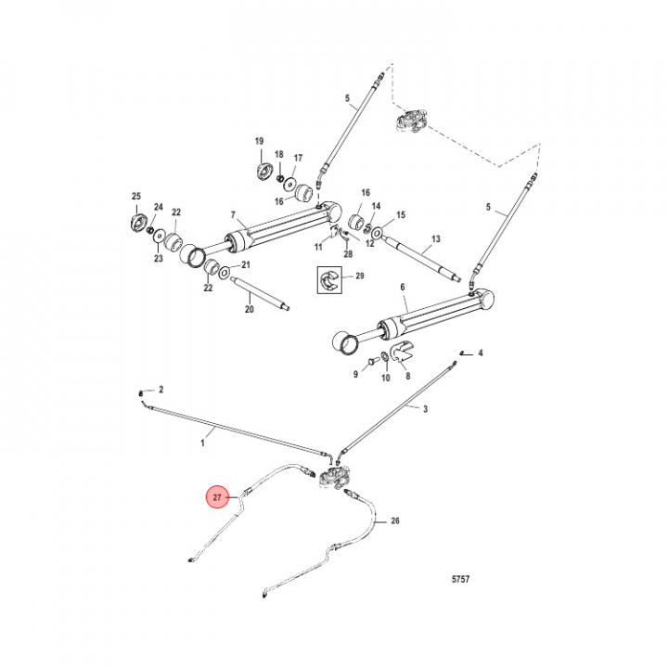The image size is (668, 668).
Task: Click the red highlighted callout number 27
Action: click(x=217, y=498)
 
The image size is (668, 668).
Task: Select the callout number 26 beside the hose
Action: click(x=394, y=521)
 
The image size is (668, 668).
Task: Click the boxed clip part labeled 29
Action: click(x=328, y=278)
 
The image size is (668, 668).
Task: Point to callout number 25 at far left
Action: click(x=135, y=197)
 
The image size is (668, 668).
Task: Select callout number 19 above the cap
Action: click(x=260, y=140)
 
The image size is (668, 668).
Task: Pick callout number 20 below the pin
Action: click(x=249, y=309)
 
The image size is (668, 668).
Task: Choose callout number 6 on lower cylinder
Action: click(x=403, y=289)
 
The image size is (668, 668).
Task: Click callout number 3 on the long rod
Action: click(x=425, y=408)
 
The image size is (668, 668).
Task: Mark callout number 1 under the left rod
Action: click(x=202, y=443)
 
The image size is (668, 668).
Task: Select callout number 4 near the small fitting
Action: click(x=481, y=353)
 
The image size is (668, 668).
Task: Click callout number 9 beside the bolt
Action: click(x=354, y=374)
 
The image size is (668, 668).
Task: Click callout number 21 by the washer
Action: click(x=246, y=266)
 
